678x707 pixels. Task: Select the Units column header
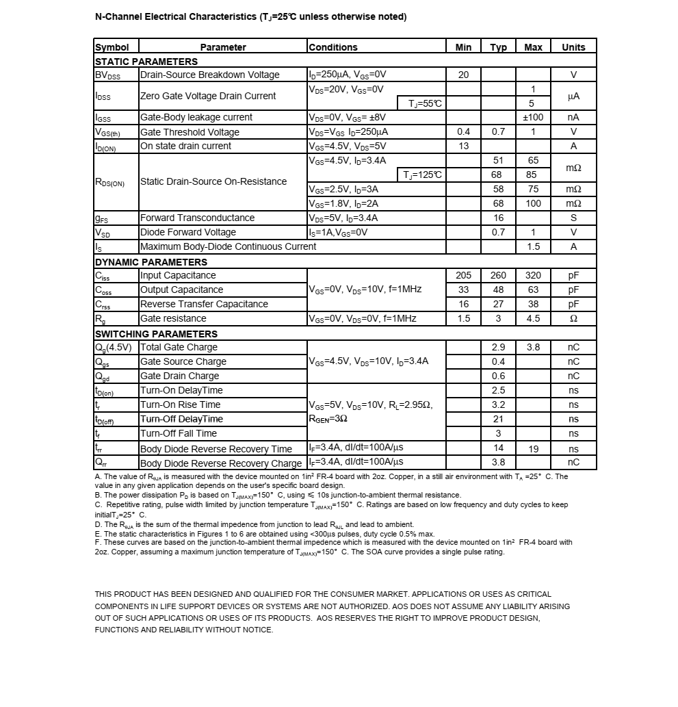573,47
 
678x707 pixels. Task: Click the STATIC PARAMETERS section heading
146,62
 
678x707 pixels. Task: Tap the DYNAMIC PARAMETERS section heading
151,262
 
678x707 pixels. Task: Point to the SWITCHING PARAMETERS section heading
156,334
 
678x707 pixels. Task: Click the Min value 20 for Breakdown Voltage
463,75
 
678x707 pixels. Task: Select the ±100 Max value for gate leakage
533,117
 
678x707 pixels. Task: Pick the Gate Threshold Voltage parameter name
190,132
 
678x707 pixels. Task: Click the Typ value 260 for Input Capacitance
498,275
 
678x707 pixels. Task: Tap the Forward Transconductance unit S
573,218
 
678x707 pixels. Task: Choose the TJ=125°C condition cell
422,175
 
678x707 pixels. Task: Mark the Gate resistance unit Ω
573,318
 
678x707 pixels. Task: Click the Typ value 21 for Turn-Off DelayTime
498,419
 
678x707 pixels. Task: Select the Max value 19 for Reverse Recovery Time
534,449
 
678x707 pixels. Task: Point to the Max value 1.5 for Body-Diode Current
533,246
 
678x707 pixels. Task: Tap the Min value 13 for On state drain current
463,146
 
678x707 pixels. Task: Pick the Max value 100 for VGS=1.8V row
533,203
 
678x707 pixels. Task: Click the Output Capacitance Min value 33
463,290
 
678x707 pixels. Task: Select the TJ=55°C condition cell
425,103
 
